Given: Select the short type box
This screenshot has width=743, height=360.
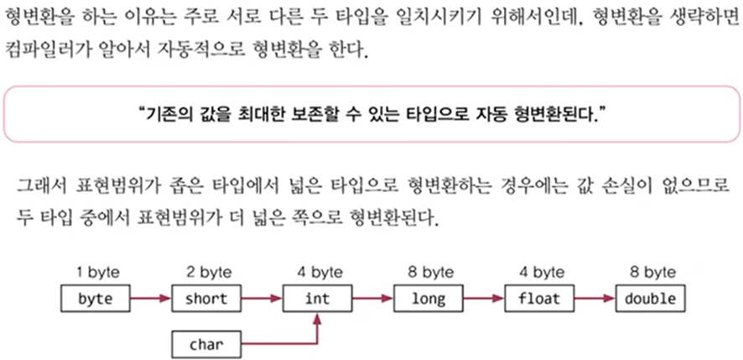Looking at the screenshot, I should [x=205, y=298].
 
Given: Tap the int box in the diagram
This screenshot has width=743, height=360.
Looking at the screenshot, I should [x=317, y=298].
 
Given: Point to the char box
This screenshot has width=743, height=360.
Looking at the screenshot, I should [x=205, y=342].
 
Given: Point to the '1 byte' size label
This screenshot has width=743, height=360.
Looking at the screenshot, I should [x=97, y=273].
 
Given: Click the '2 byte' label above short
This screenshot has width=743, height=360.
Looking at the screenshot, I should [x=206, y=273].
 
